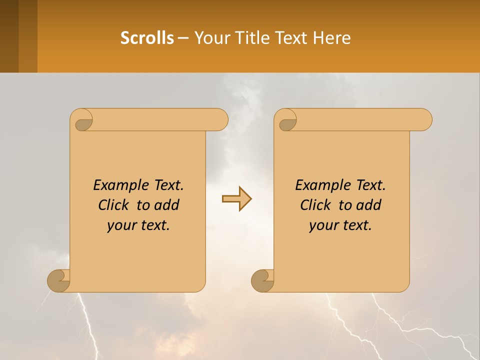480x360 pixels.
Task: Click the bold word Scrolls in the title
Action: (147, 38)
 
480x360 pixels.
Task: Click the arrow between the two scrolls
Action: (236, 199)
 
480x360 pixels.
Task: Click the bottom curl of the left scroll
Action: (58, 280)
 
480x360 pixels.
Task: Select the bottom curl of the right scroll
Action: (262, 280)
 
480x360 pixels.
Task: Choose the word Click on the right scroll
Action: (315, 205)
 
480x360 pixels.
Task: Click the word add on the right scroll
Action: (369, 205)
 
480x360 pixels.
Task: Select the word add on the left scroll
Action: (167, 205)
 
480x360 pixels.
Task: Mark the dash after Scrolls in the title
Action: (183, 38)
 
